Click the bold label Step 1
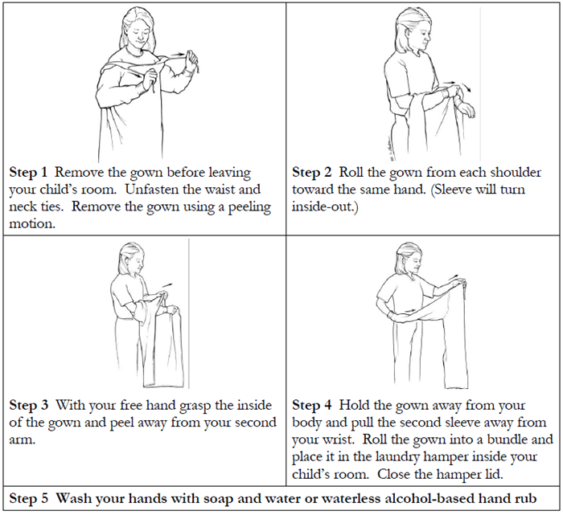[x=29, y=173]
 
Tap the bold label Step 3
[x=29, y=405]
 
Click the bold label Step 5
[x=29, y=497]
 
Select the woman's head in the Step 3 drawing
[x=132, y=259]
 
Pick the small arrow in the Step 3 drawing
[x=166, y=283]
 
